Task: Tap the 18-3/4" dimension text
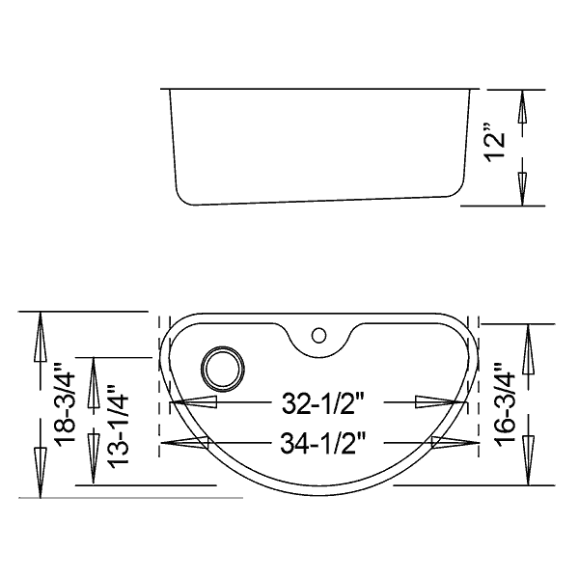[x=65, y=403]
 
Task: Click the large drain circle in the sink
[x=223, y=369]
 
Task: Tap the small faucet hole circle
[x=318, y=336]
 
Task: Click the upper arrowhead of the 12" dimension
[x=522, y=106]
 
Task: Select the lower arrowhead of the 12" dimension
[x=522, y=189]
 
